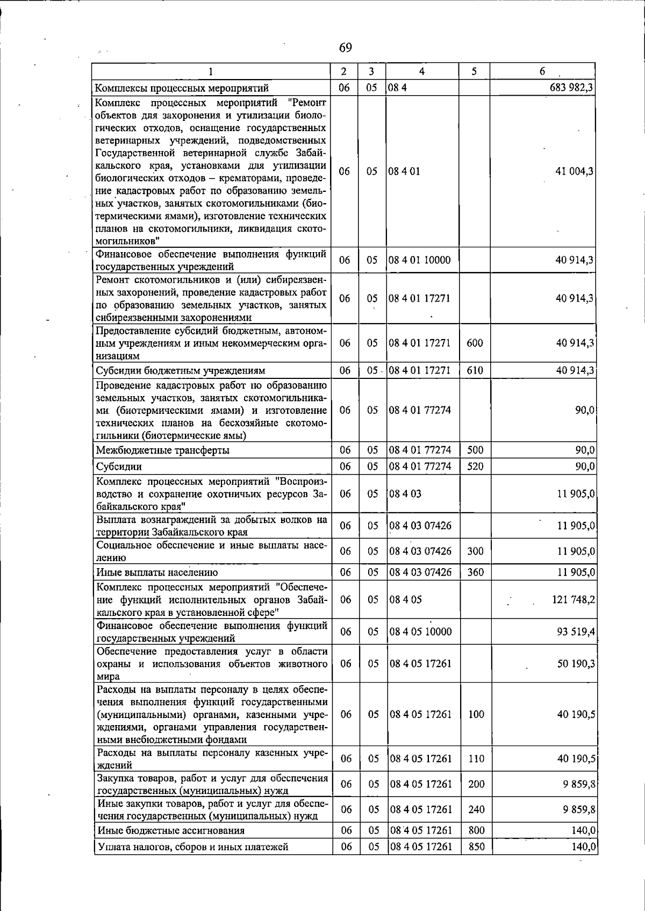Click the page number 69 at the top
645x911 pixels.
pos(346,48)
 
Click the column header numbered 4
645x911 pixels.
pos(422,71)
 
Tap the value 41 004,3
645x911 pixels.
pos(575,171)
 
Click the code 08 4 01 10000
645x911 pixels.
pos(419,260)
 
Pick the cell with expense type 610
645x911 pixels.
pos(475,370)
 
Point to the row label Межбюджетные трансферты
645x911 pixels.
pos(162,450)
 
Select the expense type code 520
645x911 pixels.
pos(475,467)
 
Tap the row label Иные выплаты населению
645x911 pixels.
pos(157,572)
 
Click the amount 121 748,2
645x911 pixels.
pos(573,599)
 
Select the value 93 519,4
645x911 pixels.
pos(576,632)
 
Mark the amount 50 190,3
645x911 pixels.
pos(576,664)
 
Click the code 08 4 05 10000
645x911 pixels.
pos(420,632)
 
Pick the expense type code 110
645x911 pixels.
pos(476,759)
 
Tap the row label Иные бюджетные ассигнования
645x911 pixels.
pos(171,830)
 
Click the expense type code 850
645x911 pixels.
pos(476,847)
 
